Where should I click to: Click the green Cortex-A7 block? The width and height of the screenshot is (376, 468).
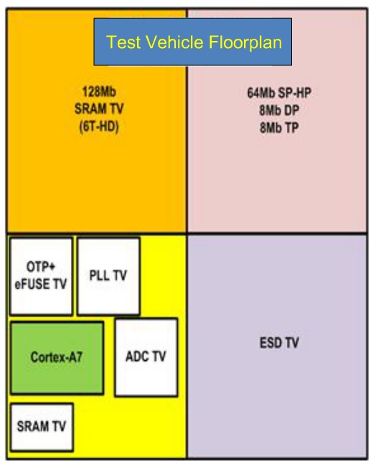point(57,357)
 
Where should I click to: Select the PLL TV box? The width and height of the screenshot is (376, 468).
point(108,276)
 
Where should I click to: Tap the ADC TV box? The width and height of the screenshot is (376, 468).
point(146,357)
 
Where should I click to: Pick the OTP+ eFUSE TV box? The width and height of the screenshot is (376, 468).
point(41,276)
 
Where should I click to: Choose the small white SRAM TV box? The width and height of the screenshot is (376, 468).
point(42,427)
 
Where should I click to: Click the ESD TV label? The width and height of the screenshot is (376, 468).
point(279,342)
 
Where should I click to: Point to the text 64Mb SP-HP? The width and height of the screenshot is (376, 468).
point(279,93)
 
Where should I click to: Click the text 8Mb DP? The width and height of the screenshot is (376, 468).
point(279,111)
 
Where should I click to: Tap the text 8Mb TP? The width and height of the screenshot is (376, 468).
point(279,128)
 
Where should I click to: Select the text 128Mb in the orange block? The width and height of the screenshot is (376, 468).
point(99,92)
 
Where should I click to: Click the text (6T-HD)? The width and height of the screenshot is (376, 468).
point(99,126)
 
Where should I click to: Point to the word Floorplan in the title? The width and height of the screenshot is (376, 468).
point(245,42)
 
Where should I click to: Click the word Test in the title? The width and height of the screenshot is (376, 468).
point(123,42)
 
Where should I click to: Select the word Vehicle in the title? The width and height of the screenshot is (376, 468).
point(174,42)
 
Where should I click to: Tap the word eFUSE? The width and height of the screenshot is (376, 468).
point(33,284)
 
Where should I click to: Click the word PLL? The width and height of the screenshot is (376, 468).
point(99,275)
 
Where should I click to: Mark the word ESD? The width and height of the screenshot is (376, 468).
point(271,342)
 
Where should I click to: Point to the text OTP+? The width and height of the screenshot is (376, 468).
point(41,266)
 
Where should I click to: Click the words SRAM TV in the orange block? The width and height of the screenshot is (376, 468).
point(99,109)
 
